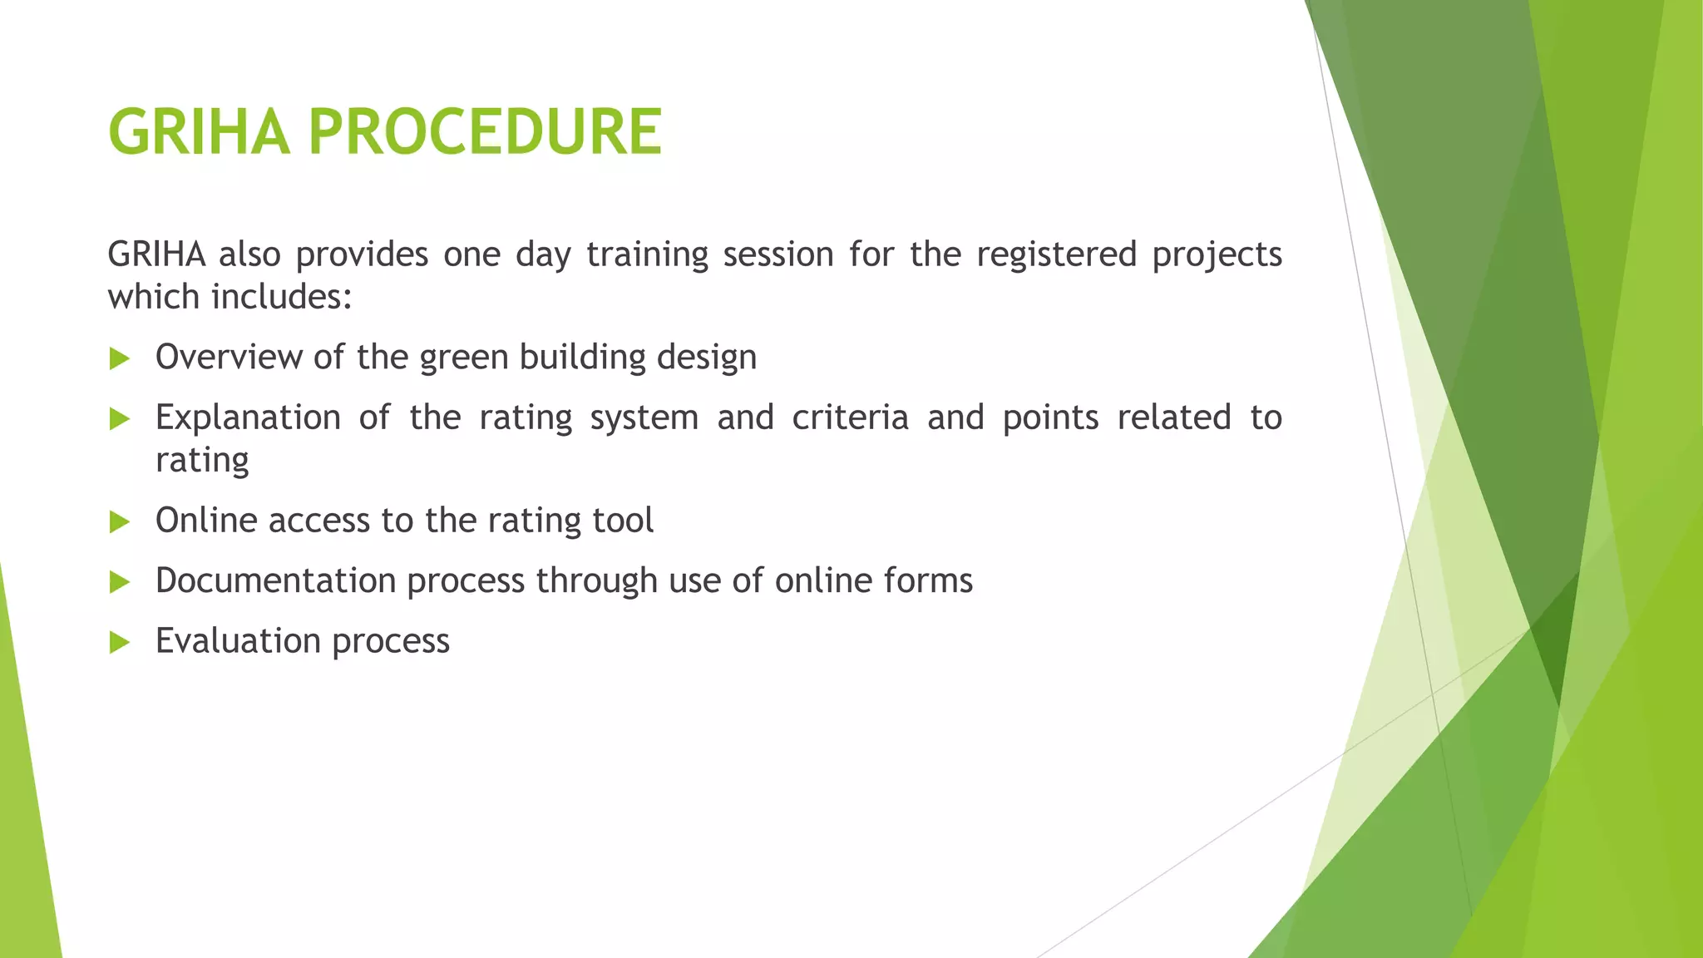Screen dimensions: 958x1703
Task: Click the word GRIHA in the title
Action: [x=199, y=132]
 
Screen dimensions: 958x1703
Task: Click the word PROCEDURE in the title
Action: [x=485, y=132]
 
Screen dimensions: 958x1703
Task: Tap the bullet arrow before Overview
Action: [x=120, y=359]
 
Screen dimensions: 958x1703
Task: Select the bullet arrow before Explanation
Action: [x=120, y=419]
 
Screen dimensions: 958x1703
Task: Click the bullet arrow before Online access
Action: [x=120, y=522]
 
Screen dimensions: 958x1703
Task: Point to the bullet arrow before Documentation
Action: [x=120, y=582]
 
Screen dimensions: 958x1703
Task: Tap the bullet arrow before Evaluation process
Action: [x=120, y=642]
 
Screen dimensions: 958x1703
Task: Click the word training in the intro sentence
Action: [x=647, y=254]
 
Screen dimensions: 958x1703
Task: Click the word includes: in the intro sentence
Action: [x=282, y=297]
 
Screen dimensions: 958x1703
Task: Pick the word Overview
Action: [x=228, y=357]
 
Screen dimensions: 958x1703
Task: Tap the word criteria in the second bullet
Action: [x=850, y=417]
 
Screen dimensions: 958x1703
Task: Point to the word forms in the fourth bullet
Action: [x=928, y=580]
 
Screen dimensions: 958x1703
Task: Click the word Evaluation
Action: [x=238, y=641]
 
